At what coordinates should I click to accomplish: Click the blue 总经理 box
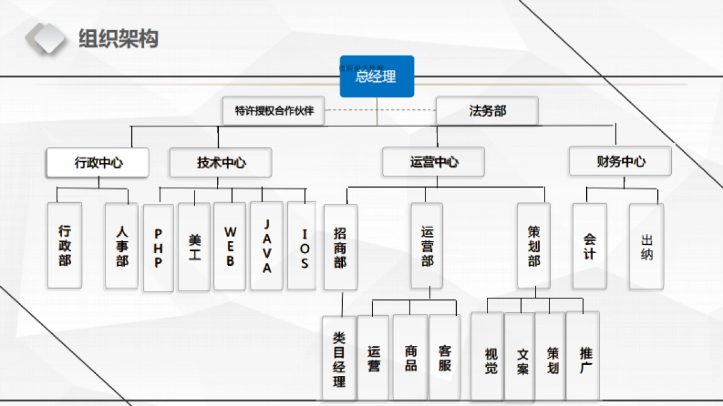(x=377, y=76)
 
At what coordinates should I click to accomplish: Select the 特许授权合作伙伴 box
(x=274, y=111)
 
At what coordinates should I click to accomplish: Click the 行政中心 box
(x=98, y=162)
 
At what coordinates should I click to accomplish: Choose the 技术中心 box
(x=221, y=162)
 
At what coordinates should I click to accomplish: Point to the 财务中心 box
(x=620, y=161)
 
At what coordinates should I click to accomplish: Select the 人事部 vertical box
(x=122, y=245)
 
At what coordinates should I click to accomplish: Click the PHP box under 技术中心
(x=158, y=248)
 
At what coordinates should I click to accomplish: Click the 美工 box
(x=195, y=247)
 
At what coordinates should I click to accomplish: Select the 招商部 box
(x=340, y=247)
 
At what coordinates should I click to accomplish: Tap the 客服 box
(x=445, y=358)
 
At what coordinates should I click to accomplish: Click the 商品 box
(x=410, y=358)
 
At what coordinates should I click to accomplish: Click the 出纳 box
(x=646, y=246)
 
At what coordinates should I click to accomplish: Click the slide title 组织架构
(x=118, y=38)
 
